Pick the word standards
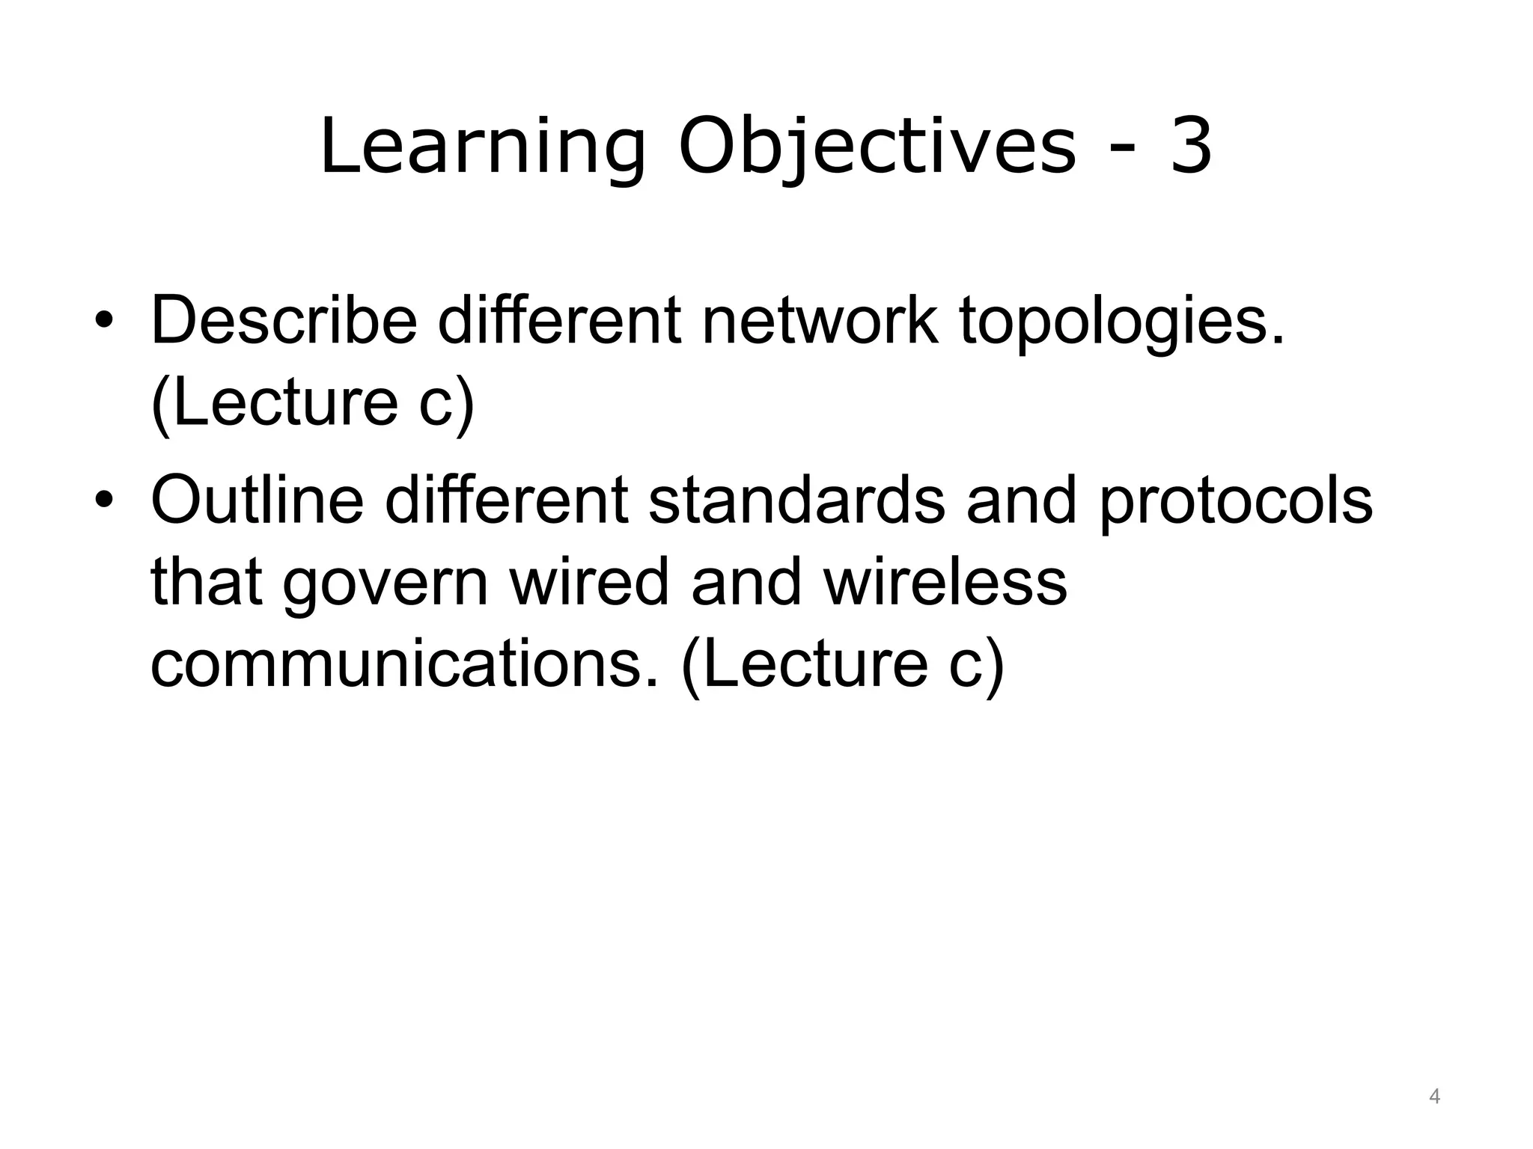click(796, 500)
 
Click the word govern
click(385, 583)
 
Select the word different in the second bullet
click(506, 500)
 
